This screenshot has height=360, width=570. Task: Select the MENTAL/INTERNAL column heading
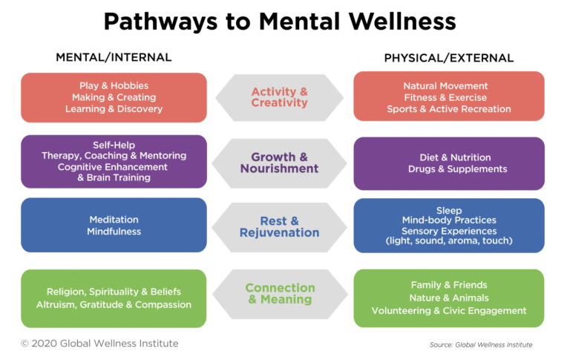click(114, 57)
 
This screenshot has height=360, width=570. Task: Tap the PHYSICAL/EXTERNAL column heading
click(448, 58)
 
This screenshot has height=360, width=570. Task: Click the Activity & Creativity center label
click(279, 97)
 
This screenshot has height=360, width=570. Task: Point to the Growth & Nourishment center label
click(279, 163)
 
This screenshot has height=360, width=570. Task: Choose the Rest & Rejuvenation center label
click(279, 227)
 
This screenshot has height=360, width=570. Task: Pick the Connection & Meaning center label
click(280, 293)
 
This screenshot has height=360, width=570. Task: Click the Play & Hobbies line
click(114, 85)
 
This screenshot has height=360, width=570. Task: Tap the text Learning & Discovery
click(114, 109)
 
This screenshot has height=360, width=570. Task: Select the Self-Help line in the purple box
click(114, 145)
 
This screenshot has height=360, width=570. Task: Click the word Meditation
click(114, 220)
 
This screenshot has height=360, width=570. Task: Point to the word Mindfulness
click(114, 232)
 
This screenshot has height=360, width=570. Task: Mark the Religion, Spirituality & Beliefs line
click(114, 292)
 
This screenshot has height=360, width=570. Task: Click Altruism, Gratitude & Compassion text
click(114, 304)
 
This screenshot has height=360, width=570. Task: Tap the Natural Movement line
click(448, 86)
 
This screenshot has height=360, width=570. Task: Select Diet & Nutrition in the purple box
click(448, 157)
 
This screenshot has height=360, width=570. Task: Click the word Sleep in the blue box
click(448, 211)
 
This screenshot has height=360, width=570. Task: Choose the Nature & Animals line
click(448, 298)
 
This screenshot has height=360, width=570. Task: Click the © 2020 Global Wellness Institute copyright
click(99, 344)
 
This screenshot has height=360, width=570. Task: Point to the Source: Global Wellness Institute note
click(480, 345)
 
